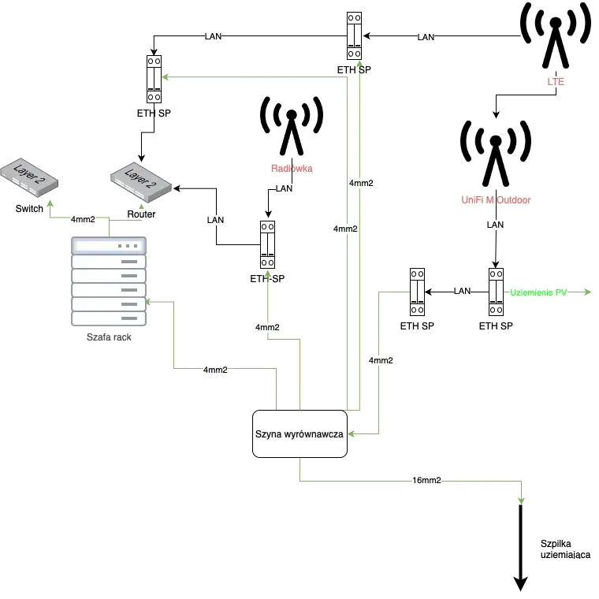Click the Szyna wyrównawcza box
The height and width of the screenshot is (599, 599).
tap(299, 433)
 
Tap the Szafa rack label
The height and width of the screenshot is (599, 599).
tap(107, 337)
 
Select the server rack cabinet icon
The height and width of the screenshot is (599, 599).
tap(110, 281)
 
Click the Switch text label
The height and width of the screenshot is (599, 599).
tap(29, 209)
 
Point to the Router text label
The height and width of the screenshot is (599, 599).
tap(141, 214)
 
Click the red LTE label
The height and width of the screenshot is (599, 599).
tap(556, 82)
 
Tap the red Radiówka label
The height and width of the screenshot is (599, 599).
tap(292, 169)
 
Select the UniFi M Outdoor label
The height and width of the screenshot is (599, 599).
tap(497, 200)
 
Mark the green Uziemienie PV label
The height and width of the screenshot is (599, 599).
tap(538, 292)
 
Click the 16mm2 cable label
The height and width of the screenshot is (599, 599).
tap(426, 480)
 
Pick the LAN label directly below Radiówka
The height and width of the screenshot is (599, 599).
tap(285, 189)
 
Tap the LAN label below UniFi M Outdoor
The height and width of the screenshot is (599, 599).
tap(495, 225)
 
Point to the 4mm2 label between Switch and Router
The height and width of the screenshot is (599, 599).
tap(83, 220)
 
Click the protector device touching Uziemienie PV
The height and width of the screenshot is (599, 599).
tap(496, 291)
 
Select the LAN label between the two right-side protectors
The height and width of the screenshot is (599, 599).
tap(463, 291)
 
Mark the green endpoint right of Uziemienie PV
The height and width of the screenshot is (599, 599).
tap(586, 290)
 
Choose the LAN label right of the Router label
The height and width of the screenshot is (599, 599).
tap(215, 220)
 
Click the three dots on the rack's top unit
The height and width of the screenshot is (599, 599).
tap(126, 246)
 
